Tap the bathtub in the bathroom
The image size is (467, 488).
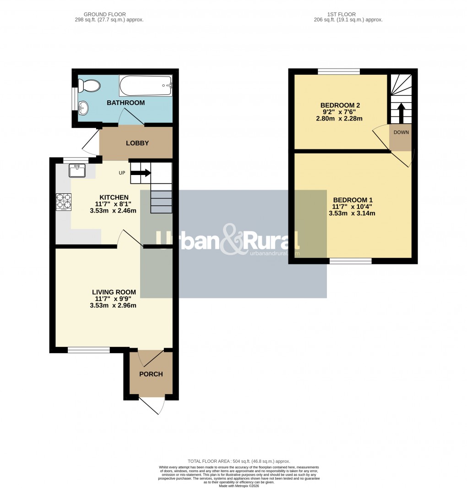[x=146, y=86]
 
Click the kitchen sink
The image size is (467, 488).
[x=77, y=171]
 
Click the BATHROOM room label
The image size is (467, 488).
[x=125, y=103]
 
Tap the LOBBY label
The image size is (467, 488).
[x=137, y=143]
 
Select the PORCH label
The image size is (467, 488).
[x=151, y=374]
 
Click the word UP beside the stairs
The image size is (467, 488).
[x=122, y=173]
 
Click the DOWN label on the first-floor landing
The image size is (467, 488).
[x=401, y=132]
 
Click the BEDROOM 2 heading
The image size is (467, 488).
[x=340, y=105]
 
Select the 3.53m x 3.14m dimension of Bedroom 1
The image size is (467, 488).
[x=352, y=213]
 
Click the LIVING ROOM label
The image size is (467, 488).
[x=114, y=292]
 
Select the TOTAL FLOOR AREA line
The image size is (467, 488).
[x=239, y=461]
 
